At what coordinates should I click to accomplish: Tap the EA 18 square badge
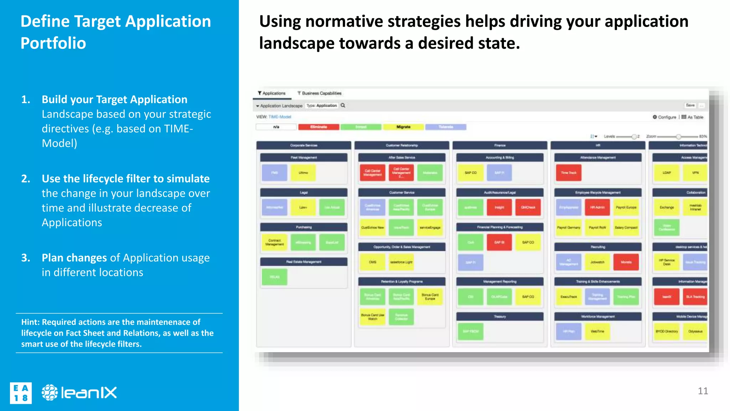coord(21,393)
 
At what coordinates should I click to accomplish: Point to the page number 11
coord(703,391)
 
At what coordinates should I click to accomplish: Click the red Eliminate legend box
coord(318,127)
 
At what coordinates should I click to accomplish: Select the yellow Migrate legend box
coord(403,127)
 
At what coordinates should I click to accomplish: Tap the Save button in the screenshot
coord(690,105)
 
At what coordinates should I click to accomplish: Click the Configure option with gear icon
coord(664,117)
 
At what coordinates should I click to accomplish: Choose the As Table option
coord(693,117)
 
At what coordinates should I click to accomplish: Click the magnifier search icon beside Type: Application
coord(343,106)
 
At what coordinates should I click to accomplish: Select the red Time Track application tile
coord(569,173)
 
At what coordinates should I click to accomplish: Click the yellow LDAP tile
coord(666,173)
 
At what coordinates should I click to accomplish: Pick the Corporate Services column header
coord(304,146)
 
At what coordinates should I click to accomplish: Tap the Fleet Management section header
coord(304,157)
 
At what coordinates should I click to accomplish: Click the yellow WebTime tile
coord(597,331)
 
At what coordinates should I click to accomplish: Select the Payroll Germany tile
coord(569,228)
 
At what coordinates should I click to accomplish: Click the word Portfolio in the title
coord(53,43)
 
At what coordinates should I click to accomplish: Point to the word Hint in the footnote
coord(30,322)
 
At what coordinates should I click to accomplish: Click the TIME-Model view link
coord(279,117)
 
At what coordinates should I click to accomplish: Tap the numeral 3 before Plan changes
coord(25,258)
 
